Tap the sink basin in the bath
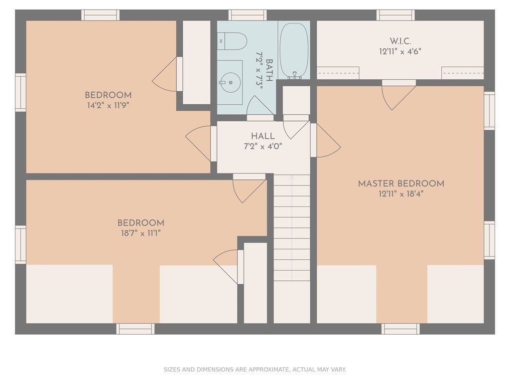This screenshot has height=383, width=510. click(230, 82)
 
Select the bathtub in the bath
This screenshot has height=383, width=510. click(294, 51)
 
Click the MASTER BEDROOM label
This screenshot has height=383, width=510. click(401, 184)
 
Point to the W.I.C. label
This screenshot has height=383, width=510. click(400, 41)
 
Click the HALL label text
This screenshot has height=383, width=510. click(263, 136)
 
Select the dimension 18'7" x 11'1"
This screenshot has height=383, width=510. click(141, 233)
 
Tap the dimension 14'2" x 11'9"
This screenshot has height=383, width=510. click(108, 106)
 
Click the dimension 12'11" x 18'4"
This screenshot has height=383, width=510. click(401, 194)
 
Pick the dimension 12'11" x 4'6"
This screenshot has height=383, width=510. click(400, 52)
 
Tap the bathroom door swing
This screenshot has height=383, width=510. click(259, 106)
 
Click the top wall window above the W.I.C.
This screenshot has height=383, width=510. click(395, 15)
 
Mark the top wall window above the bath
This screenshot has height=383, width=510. click(248, 15)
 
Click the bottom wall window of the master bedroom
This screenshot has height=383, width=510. click(400, 329)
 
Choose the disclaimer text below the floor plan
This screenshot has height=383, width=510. click(255, 370)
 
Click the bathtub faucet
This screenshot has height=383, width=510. click(295, 76)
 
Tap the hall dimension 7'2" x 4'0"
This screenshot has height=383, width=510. click(263, 146)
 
